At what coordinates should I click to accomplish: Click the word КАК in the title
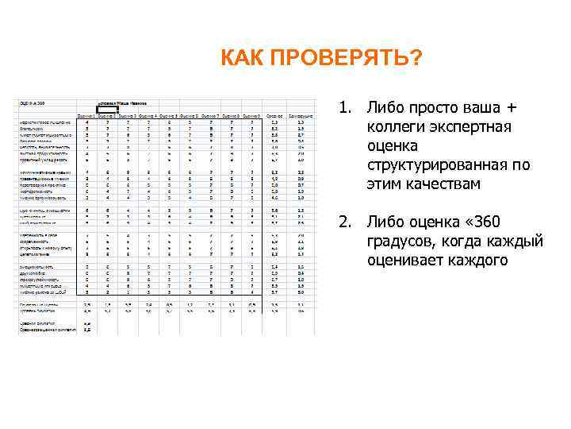tap(242, 59)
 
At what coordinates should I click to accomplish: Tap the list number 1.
tap(343, 106)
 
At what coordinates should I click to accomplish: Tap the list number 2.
tap(343, 221)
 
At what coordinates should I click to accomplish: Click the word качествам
tap(443, 184)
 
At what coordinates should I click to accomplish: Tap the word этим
tap(385, 184)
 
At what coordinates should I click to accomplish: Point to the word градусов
tap(402, 240)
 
